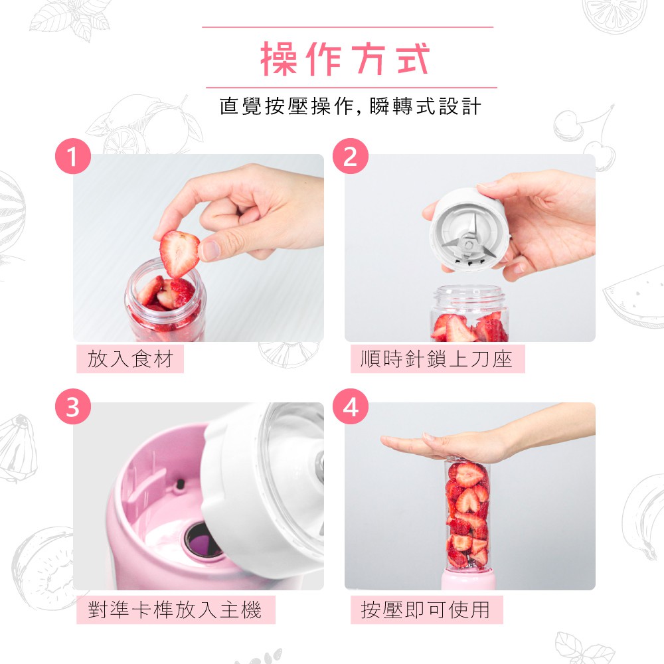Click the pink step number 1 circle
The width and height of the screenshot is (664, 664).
point(73,156)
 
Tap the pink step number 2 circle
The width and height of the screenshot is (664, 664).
point(350,156)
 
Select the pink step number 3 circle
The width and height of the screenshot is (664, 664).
point(73,406)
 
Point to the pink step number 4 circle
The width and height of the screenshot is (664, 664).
point(350,406)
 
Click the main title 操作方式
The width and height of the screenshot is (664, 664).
point(345,58)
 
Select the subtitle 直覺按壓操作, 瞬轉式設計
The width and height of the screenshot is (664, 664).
point(350,106)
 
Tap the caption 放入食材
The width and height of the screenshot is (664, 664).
point(130,359)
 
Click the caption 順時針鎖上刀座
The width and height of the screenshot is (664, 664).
point(437,359)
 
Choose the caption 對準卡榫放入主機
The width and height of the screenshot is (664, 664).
point(175,610)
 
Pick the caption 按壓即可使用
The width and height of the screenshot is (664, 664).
point(426,610)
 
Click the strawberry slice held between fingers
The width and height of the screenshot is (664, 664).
point(179,253)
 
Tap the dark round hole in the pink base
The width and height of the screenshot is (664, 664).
point(203,540)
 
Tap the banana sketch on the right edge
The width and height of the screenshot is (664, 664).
point(643,517)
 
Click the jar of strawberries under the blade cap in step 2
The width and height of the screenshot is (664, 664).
point(469,313)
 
